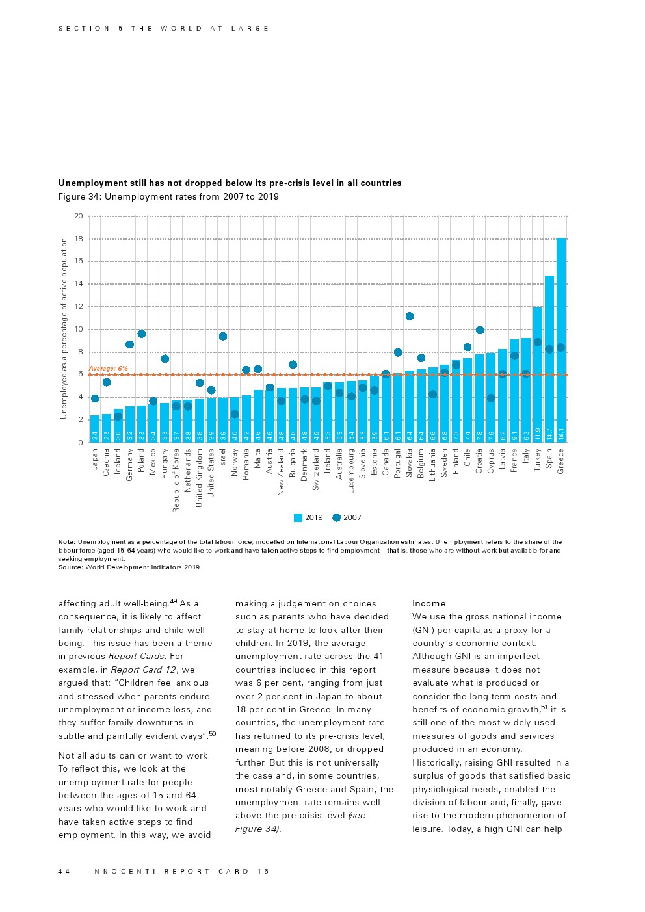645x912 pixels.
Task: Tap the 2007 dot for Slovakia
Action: pyautogui.click(x=410, y=317)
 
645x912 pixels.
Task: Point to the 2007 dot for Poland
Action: pyautogui.click(x=141, y=334)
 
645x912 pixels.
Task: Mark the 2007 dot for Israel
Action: pyautogui.click(x=223, y=336)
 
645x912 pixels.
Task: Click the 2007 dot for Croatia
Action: pyautogui.click(x=480, y=330)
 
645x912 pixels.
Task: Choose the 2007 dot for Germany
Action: pyautogui.click(x=129, y=345)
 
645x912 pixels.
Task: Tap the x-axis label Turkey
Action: pyautogui.click(x=538, y=460)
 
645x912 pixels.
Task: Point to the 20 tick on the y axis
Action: pyautogui.click(x=79, y=216)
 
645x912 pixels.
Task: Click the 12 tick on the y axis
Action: pyautogui.click(x=79, y=307)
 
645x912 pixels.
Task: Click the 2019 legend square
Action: pyautogui.click(x=298, y=518)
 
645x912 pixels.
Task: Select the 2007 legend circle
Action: pyautogui.click(x=336, y=518)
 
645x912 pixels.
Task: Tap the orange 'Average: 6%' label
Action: pyautogui.click(x=108, y=369)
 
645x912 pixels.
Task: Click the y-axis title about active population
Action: pyautogui.click(x=64, y=328)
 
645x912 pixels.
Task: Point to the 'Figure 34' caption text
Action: pyautogui.click(x=168, y=197)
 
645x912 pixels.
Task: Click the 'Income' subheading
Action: pyautogui.click(x=429, y=604)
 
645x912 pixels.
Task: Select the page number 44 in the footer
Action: pyautogui.click(x=64, y=872)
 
